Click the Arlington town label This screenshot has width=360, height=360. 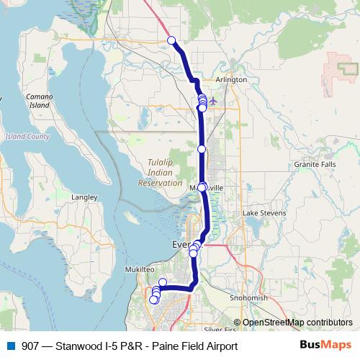pos(231,79)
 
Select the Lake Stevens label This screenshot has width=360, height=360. pos(264,213)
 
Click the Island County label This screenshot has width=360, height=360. pos(27,136)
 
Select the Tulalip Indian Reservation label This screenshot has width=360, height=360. pos(160,173)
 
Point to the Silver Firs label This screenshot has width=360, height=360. pos(220,329)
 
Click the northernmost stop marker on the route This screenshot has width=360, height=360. pos(171,40)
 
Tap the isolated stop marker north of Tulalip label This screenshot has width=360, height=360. pos(202,149)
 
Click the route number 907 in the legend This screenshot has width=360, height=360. pos(31,346)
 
